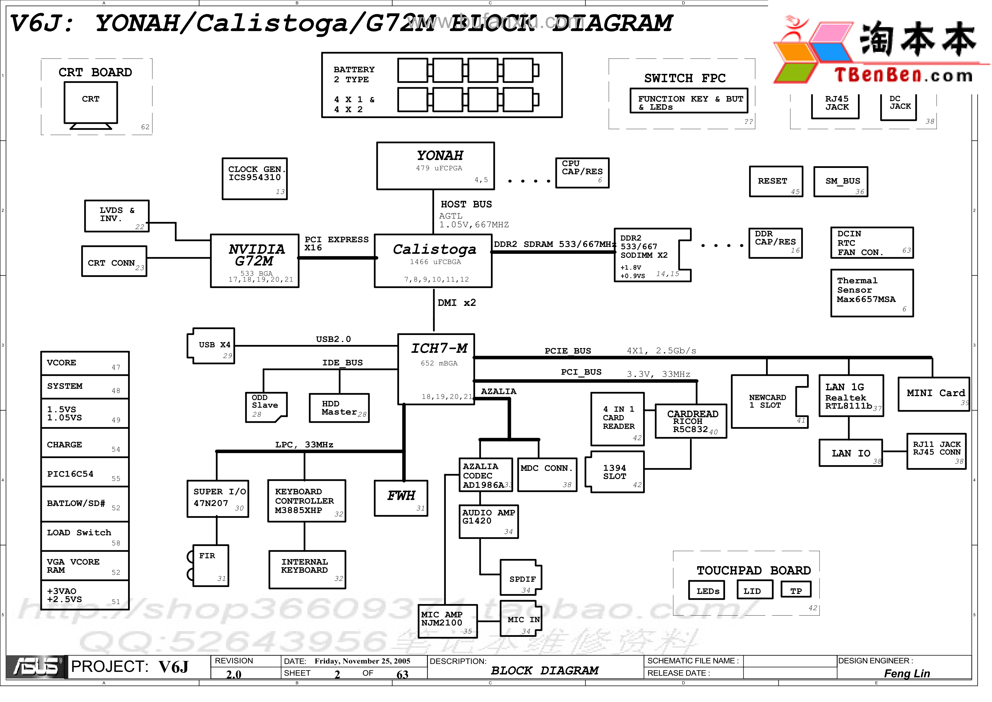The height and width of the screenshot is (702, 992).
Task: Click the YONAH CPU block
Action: click(435, 166)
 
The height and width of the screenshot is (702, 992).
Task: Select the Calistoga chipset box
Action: click(433, 261)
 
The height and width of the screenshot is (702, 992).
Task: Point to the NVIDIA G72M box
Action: click(255, 261)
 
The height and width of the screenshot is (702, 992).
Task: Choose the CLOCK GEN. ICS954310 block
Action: click(255, 178)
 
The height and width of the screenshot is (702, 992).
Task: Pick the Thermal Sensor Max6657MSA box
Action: click(872, 293)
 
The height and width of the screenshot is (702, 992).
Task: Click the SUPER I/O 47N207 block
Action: click(218, 498)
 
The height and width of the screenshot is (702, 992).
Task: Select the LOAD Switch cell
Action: click(85, 535)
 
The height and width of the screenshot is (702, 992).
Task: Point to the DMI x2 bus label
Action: click(456, 303)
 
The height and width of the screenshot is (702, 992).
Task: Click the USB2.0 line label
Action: click(333, 339)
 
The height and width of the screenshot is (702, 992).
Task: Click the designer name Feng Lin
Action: click(906, 673)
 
